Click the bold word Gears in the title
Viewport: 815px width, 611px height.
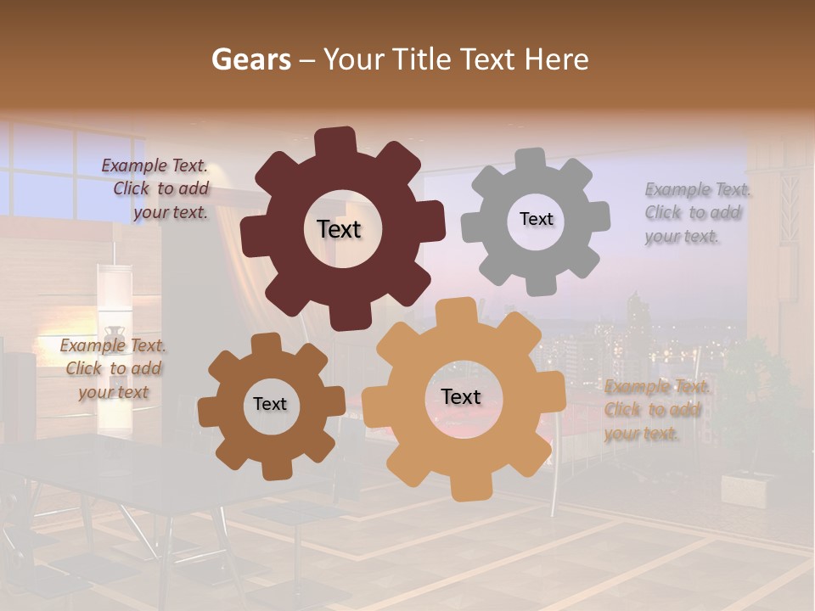pos(251,59)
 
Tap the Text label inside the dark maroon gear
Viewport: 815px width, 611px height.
pos(340,229)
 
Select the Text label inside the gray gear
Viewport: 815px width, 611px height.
pos(536,219)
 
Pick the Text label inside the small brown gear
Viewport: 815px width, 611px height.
pos(270,404)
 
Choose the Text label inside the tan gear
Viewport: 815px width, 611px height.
pos(461,396)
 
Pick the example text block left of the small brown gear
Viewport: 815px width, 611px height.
pos(114,368)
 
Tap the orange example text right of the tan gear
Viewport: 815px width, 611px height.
pos(655,410)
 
